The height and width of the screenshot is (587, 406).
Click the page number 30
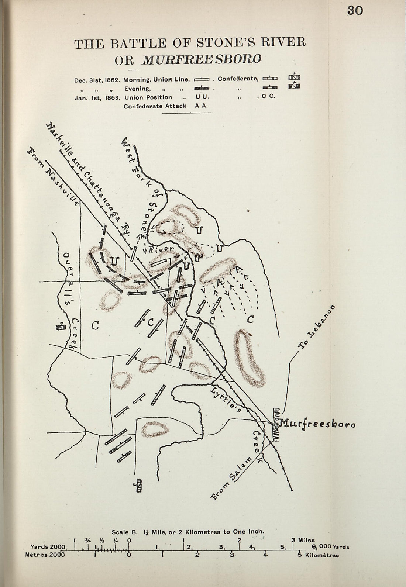355,11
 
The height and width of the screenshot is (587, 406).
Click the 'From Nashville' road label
54,177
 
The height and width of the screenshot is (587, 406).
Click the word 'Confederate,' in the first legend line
238,79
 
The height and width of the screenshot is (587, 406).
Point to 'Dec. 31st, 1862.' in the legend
97,79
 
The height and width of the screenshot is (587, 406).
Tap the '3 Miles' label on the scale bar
304,540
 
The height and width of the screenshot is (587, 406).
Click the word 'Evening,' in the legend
137,89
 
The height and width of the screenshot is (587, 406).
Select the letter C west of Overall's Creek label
95,325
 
